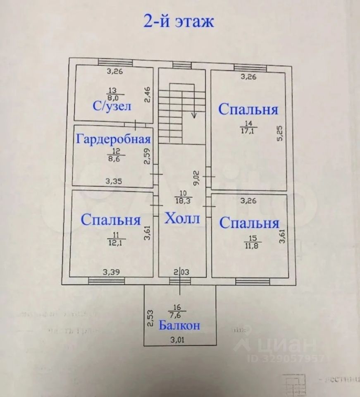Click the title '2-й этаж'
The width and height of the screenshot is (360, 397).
[179, 21]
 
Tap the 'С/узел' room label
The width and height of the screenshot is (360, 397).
[112, 106]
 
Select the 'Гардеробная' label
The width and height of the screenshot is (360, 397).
[113, 139]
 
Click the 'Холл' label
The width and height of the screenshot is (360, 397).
[182, 218]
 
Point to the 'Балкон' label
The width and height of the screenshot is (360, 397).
[179, 325]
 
